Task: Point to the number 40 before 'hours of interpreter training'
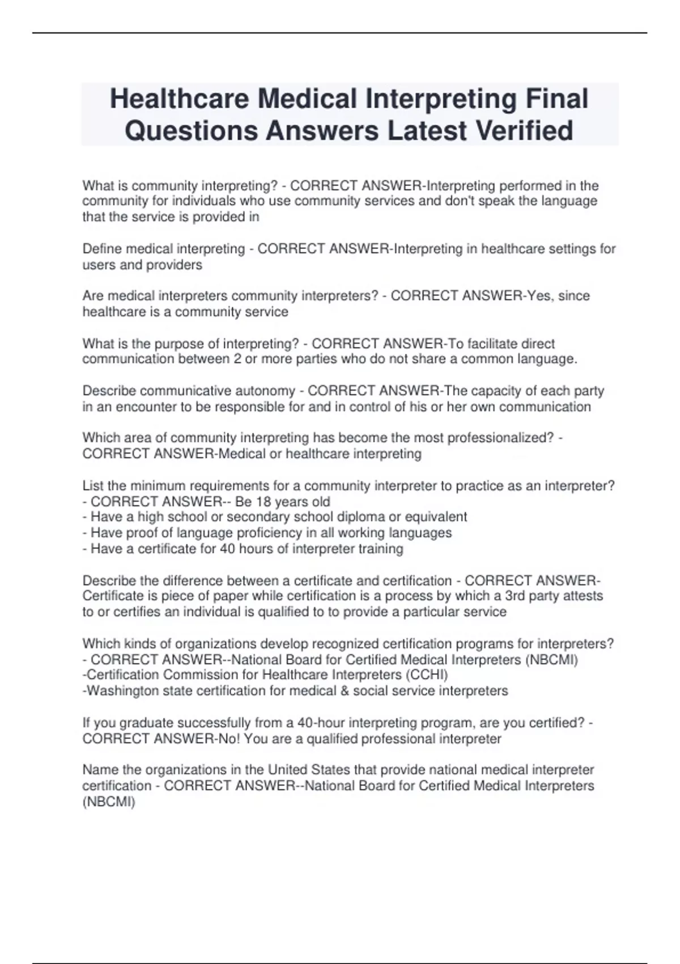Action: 227,549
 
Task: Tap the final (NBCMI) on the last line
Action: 109,802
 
